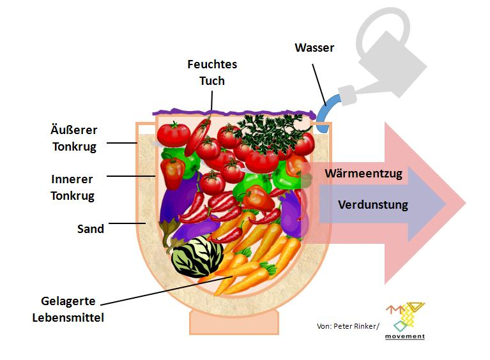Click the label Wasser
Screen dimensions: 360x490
314,48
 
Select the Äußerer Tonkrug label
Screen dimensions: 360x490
73,138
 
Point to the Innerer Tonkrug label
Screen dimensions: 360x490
73,186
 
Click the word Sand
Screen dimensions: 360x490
90,229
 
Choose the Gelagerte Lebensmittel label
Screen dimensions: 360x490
68,309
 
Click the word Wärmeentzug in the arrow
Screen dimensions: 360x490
364,173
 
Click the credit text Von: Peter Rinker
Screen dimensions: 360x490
347,326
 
